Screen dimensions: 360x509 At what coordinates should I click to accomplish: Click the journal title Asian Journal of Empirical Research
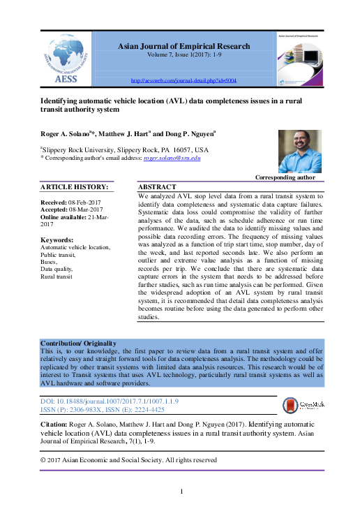[x=183, y=46]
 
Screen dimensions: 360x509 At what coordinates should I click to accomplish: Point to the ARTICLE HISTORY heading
[x=74, y=187]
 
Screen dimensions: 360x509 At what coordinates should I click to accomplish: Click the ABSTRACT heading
[x=157, y=188]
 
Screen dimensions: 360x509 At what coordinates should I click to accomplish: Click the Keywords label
[x=57, y=240]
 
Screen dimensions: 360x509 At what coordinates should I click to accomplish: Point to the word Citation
[x=54, y=424]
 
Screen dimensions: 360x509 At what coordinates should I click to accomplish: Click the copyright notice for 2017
[x=128, y=460]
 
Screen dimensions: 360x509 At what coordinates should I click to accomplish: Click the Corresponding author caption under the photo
[x=285, y=178]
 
